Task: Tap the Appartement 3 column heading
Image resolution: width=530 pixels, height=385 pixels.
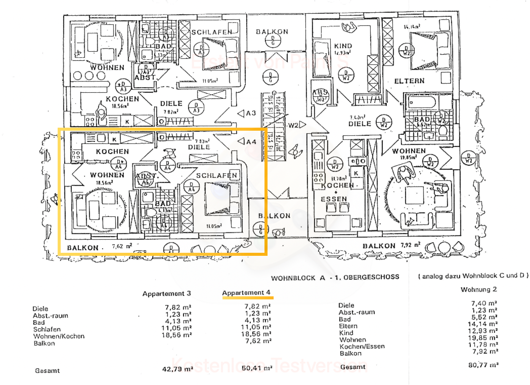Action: [167, 294]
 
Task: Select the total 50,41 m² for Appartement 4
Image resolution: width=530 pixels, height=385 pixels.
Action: [256, 368]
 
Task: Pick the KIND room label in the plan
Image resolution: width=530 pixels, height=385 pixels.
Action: [343, 46]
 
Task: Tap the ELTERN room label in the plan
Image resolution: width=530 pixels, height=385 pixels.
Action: [410, 81]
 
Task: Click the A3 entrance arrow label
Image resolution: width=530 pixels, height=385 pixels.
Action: [247, 112]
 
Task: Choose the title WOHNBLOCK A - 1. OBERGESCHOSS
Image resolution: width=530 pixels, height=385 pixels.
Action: [335, 277]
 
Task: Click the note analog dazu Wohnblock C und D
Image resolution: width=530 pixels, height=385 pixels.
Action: [473, 276]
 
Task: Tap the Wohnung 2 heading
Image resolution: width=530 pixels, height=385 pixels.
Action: [478, 290]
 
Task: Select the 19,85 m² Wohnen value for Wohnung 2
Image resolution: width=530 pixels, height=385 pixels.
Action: [483, 339]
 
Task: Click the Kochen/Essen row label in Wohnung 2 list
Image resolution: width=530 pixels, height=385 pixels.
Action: [362, 346]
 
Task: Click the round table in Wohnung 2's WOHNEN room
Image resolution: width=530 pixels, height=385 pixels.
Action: [416, 195]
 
